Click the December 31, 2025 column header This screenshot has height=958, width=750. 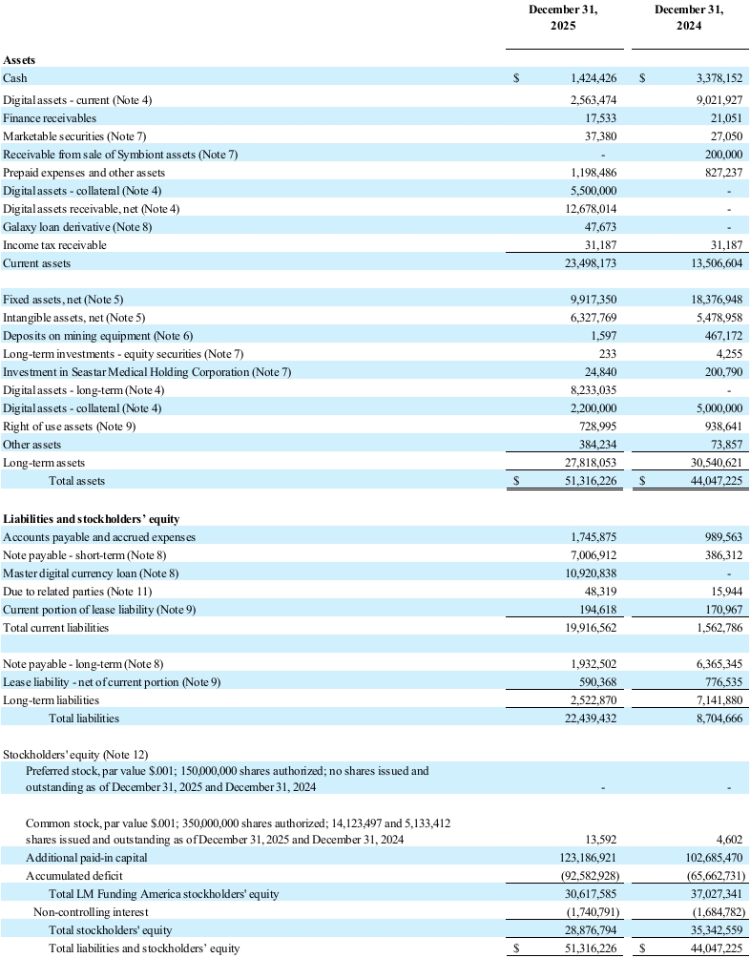coord(563,18)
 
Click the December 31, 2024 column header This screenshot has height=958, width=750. coord(689,18)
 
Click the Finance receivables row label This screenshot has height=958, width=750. coord(50,117)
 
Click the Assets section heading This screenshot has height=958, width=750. coord(20,60)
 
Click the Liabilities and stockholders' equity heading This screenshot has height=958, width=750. coord(91,518)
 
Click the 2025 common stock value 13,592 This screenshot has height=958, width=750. coord(603,839)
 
